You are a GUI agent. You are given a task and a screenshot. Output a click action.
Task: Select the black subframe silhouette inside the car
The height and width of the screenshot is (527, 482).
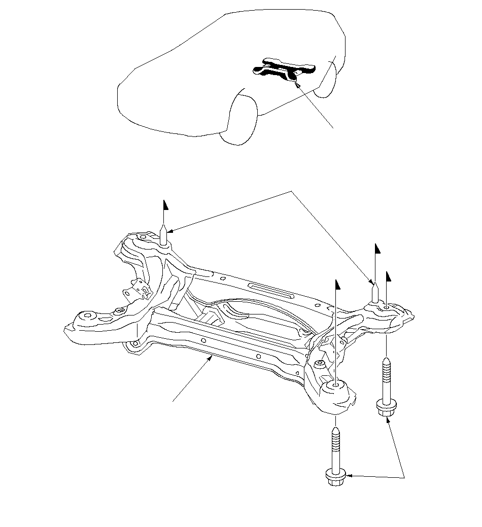(284, 69)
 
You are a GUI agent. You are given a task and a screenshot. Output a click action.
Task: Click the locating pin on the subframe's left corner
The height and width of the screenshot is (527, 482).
(163, 236)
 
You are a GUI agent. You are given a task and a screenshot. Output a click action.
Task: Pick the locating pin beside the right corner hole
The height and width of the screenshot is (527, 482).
(374, 294)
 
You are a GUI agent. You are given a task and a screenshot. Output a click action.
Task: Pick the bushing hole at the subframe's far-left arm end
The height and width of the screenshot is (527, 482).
(87, 315)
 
